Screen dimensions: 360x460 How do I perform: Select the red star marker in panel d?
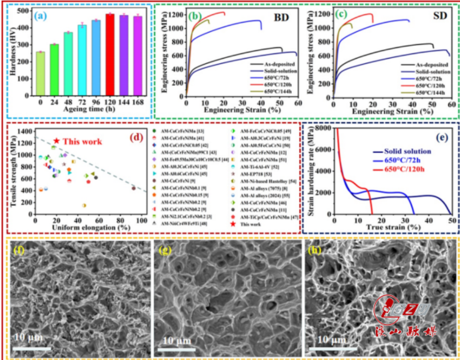pyautogui.click(x=56, y=141)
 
